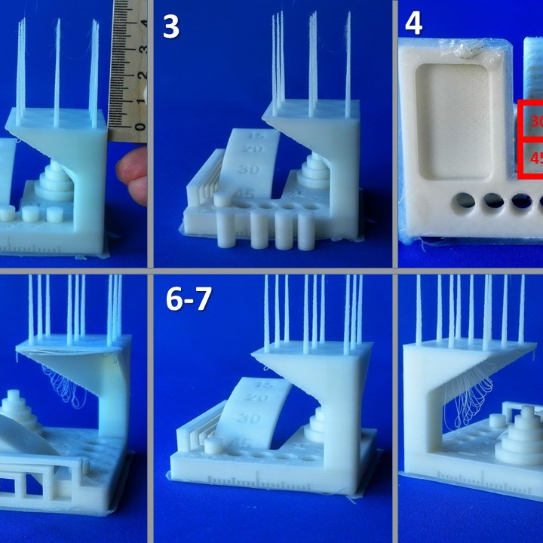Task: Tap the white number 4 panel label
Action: tap(413, 24)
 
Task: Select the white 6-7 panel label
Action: tap(189, 300)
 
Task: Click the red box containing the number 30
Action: tap(532, 121)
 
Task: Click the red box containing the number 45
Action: tap(532, 159)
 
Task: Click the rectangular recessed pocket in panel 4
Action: tap(449, 122)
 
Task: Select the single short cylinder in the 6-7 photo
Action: tap(213, 445)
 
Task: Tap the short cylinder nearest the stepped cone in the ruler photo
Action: tap(54, 214)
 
